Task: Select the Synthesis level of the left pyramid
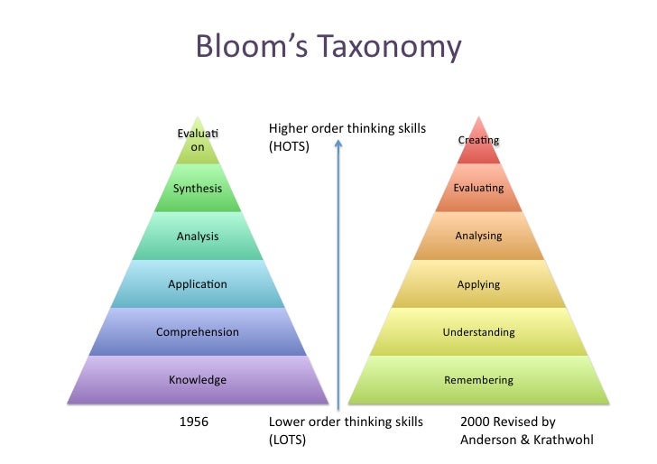198,189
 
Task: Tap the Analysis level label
198,237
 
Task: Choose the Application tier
198,284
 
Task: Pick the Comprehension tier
198,332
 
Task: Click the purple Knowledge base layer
198,380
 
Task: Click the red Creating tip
478,141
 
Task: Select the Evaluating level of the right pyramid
478,189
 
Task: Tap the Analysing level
478,237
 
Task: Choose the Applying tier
478,284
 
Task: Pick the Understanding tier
478,332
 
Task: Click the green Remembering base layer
478,380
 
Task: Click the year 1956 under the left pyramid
196,422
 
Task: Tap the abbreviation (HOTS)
289,146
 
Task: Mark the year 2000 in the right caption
475,422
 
